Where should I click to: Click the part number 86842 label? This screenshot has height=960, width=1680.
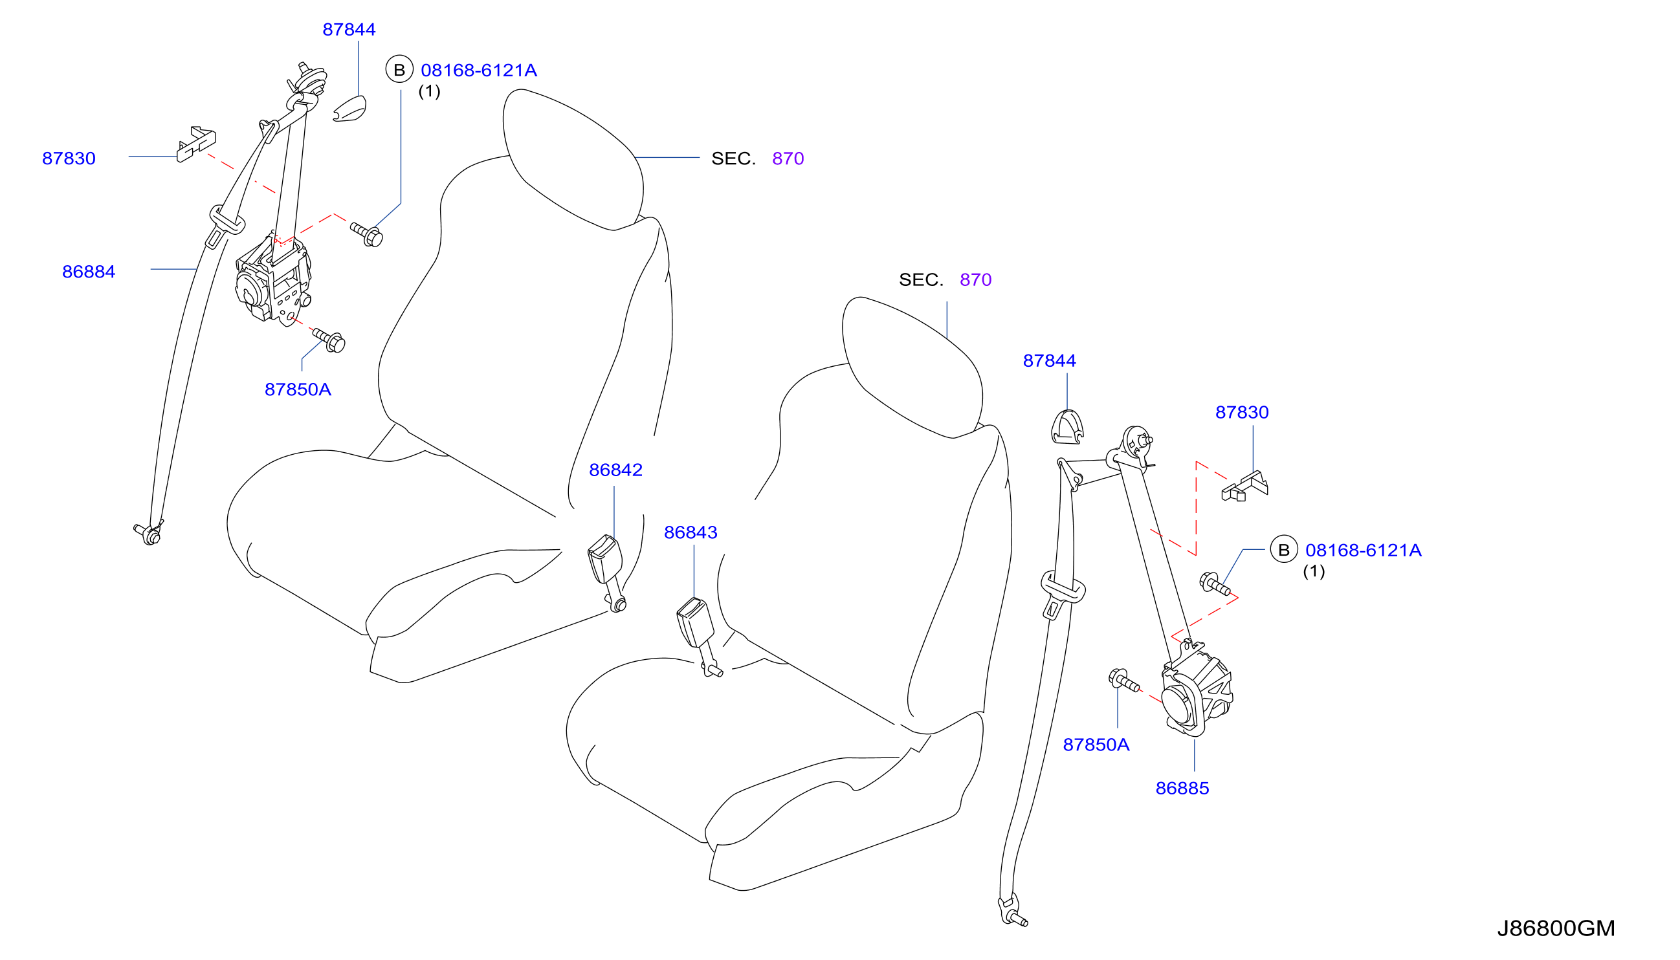(615, 470)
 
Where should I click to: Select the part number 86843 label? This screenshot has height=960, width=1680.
(691, 533)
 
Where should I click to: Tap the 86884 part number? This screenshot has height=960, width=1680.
(89, 272)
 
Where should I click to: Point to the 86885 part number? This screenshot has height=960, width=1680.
(1182, 789)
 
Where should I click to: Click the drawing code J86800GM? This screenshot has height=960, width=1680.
(1556, 928)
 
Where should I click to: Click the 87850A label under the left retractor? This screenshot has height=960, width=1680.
(298, 389)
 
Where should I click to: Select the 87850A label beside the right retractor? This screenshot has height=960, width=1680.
(1096, 745)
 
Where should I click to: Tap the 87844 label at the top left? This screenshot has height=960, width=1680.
(349, 30)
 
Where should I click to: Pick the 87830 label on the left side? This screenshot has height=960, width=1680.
(69, 159)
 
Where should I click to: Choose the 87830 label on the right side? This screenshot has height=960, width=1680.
(1242, 413)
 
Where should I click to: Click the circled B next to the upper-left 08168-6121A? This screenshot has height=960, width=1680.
(399, 69)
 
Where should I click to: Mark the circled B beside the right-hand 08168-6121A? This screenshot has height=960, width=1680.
(1283, 549)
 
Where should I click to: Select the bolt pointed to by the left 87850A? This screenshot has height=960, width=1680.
(329, 340)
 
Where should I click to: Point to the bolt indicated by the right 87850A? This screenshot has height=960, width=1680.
(1124, 681)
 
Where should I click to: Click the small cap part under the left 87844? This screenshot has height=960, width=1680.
(350, 109)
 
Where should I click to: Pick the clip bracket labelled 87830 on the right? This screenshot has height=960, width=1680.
(1244, 486)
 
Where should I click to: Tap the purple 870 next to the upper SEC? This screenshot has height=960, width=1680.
(788, 159)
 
